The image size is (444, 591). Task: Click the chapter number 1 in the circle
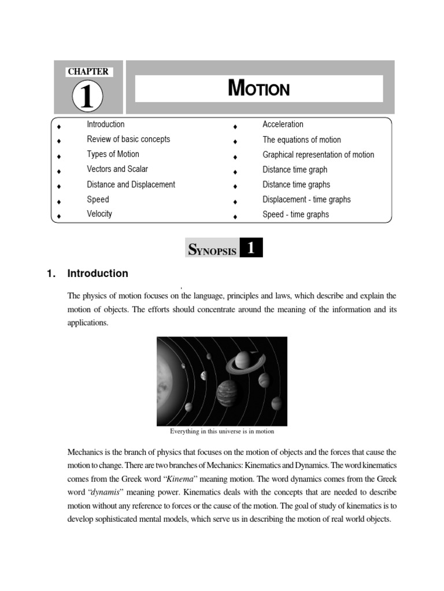coord(87,96)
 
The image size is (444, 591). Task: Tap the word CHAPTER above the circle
coord(88,72)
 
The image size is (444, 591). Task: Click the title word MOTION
coord(258,89)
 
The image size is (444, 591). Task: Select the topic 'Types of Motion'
coord(113,154)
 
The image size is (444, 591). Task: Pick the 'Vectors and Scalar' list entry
coord(117,169)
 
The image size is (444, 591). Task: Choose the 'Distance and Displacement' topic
coord(131,185)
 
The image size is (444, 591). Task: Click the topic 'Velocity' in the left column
coord(99,214)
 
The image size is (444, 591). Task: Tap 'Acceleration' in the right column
coord(283,124)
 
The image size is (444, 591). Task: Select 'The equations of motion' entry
coord(302,140)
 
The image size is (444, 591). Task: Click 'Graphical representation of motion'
coord(318,155)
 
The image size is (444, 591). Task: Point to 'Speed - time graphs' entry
coord(295,215)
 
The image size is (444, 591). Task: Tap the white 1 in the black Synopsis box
coord(250,249)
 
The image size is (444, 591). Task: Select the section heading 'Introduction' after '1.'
coord(98,274)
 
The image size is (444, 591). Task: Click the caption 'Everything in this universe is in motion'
coord(222,431)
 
